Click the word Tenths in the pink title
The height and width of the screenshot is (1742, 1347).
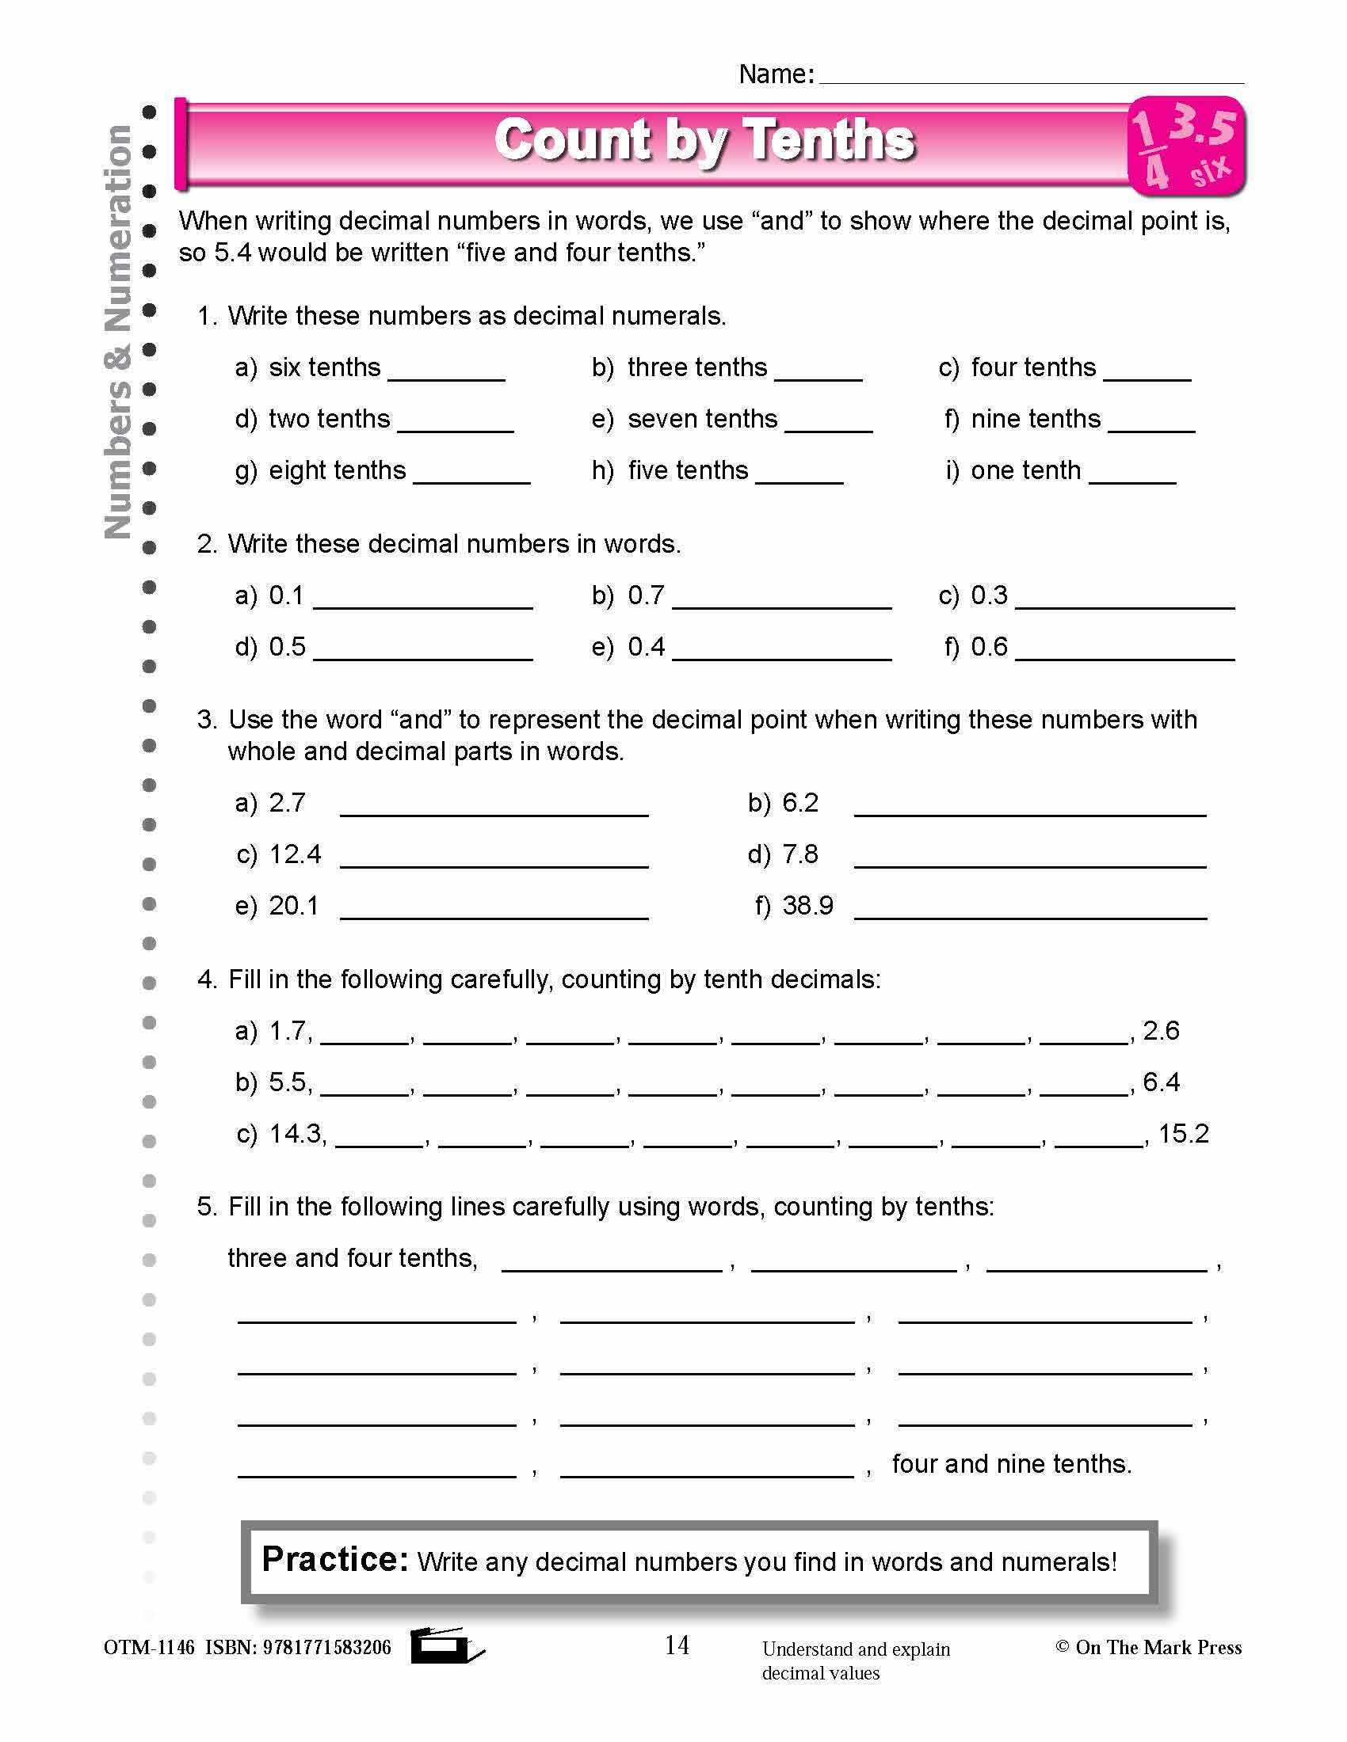pyautogui.click(x=830, y=140)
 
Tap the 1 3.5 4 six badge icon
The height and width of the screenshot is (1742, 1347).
pyautogui.click(x=1186, y=146)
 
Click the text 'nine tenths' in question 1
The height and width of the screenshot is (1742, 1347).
pyautogui.click(x=1035, y=419)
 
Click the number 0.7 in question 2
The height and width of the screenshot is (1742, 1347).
pyautogui.click(x=646, y=595)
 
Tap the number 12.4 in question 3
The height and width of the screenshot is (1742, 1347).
pyautogui.click(x=295, y=854)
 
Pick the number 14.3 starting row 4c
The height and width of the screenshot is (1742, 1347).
pyautogui.click(x=297, y=1133)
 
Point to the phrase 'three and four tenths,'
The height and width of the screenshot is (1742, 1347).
pyautogui.click(x=352, y=1258)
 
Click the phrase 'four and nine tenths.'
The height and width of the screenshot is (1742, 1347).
pyautogui.click(x=1011, y=1463)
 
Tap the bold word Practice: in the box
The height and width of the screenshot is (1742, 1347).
pyautogui.click(x=334, y=1559)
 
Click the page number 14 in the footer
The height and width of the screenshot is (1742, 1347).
pyautogui.click(x=677, y=1645)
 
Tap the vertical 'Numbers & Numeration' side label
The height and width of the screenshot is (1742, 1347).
pyautogui.click(x=118, y=331)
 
